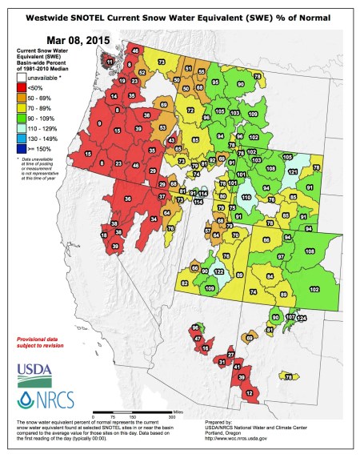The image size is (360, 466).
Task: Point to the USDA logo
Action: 33,372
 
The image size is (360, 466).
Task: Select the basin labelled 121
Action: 293,171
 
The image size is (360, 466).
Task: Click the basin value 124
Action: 302,319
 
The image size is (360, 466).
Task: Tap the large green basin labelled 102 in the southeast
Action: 314,288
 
